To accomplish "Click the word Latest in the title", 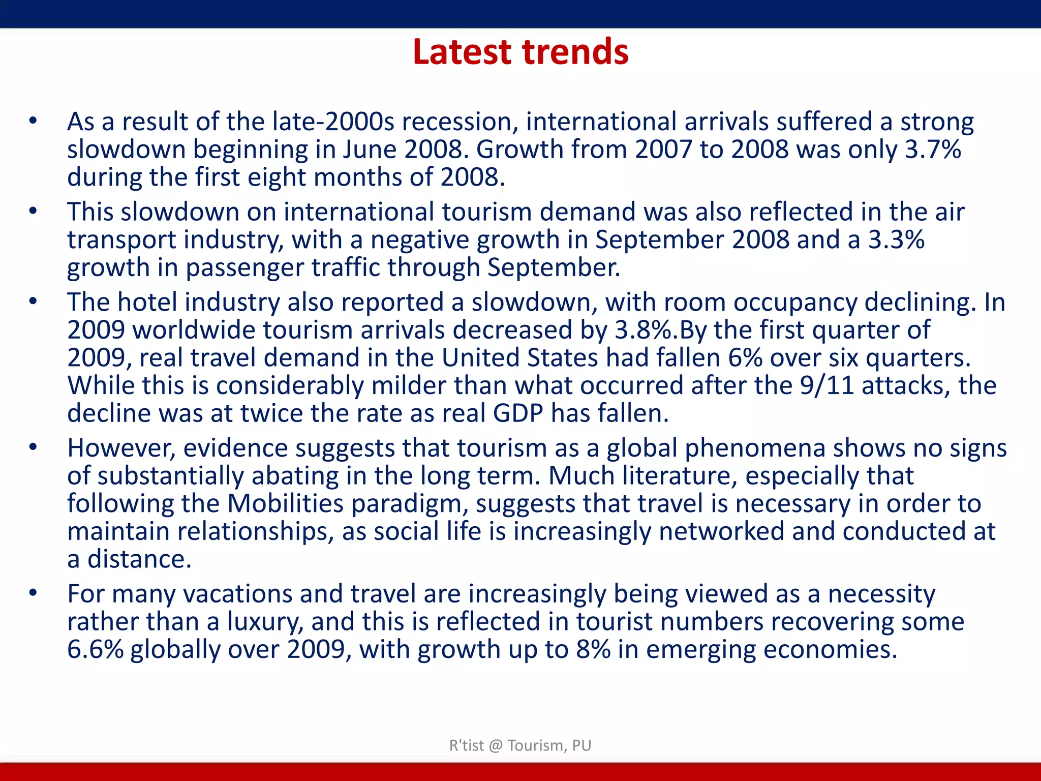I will (462, 52).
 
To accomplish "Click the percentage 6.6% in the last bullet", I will (96, 650).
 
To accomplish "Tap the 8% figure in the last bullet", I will (593, 650).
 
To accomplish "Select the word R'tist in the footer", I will (466, 745).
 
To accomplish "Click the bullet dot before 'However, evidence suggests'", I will (33, 448).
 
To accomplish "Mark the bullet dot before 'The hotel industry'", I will (33, 302).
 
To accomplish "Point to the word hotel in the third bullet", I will (147, 302).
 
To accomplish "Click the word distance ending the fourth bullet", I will (139, 559).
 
